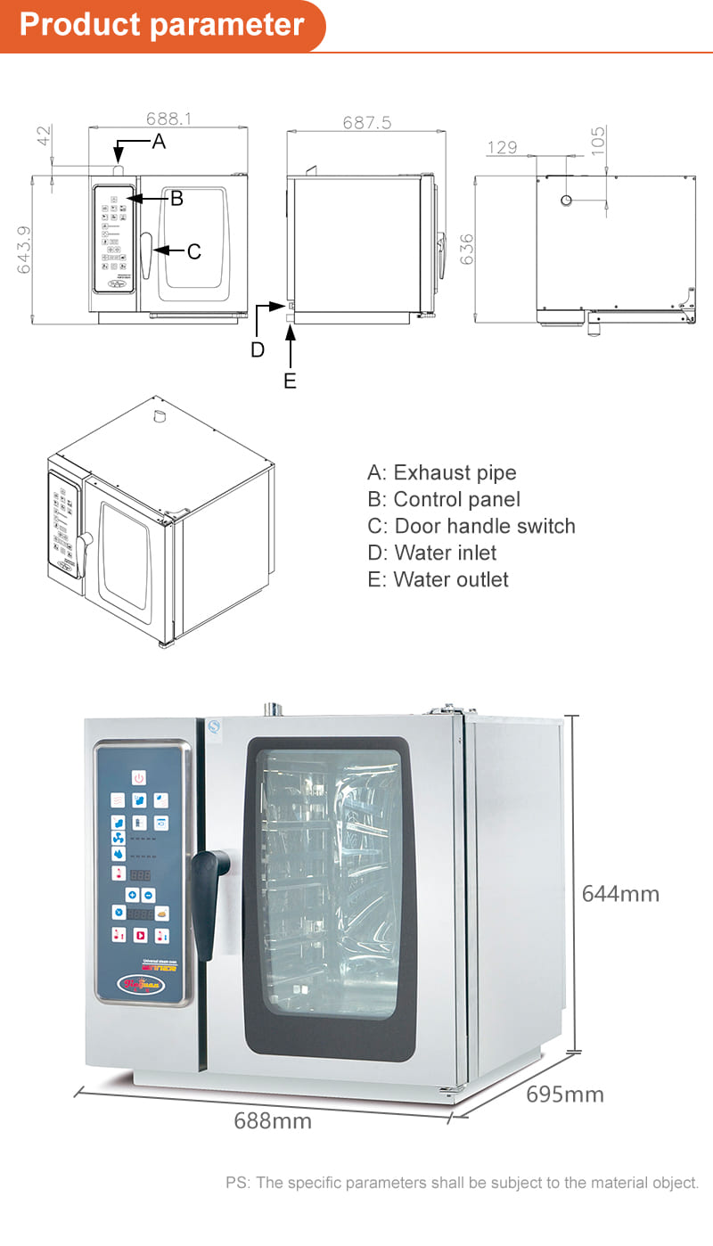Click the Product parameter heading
(161, 24)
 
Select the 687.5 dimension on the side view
(366, 122)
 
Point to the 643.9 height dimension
(24, 250)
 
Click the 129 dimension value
(502, 147)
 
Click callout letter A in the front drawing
(159, 141)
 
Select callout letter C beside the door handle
(193, 252)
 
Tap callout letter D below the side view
(257, 350)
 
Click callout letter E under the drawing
(290, 381)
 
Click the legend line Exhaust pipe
(442, 472)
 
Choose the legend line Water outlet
(438, 579)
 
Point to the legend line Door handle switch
(471, 526)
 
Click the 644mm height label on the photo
(620, 893)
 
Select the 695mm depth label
(564, 1094)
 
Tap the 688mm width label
(273, 1120)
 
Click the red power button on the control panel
(139, 778)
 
